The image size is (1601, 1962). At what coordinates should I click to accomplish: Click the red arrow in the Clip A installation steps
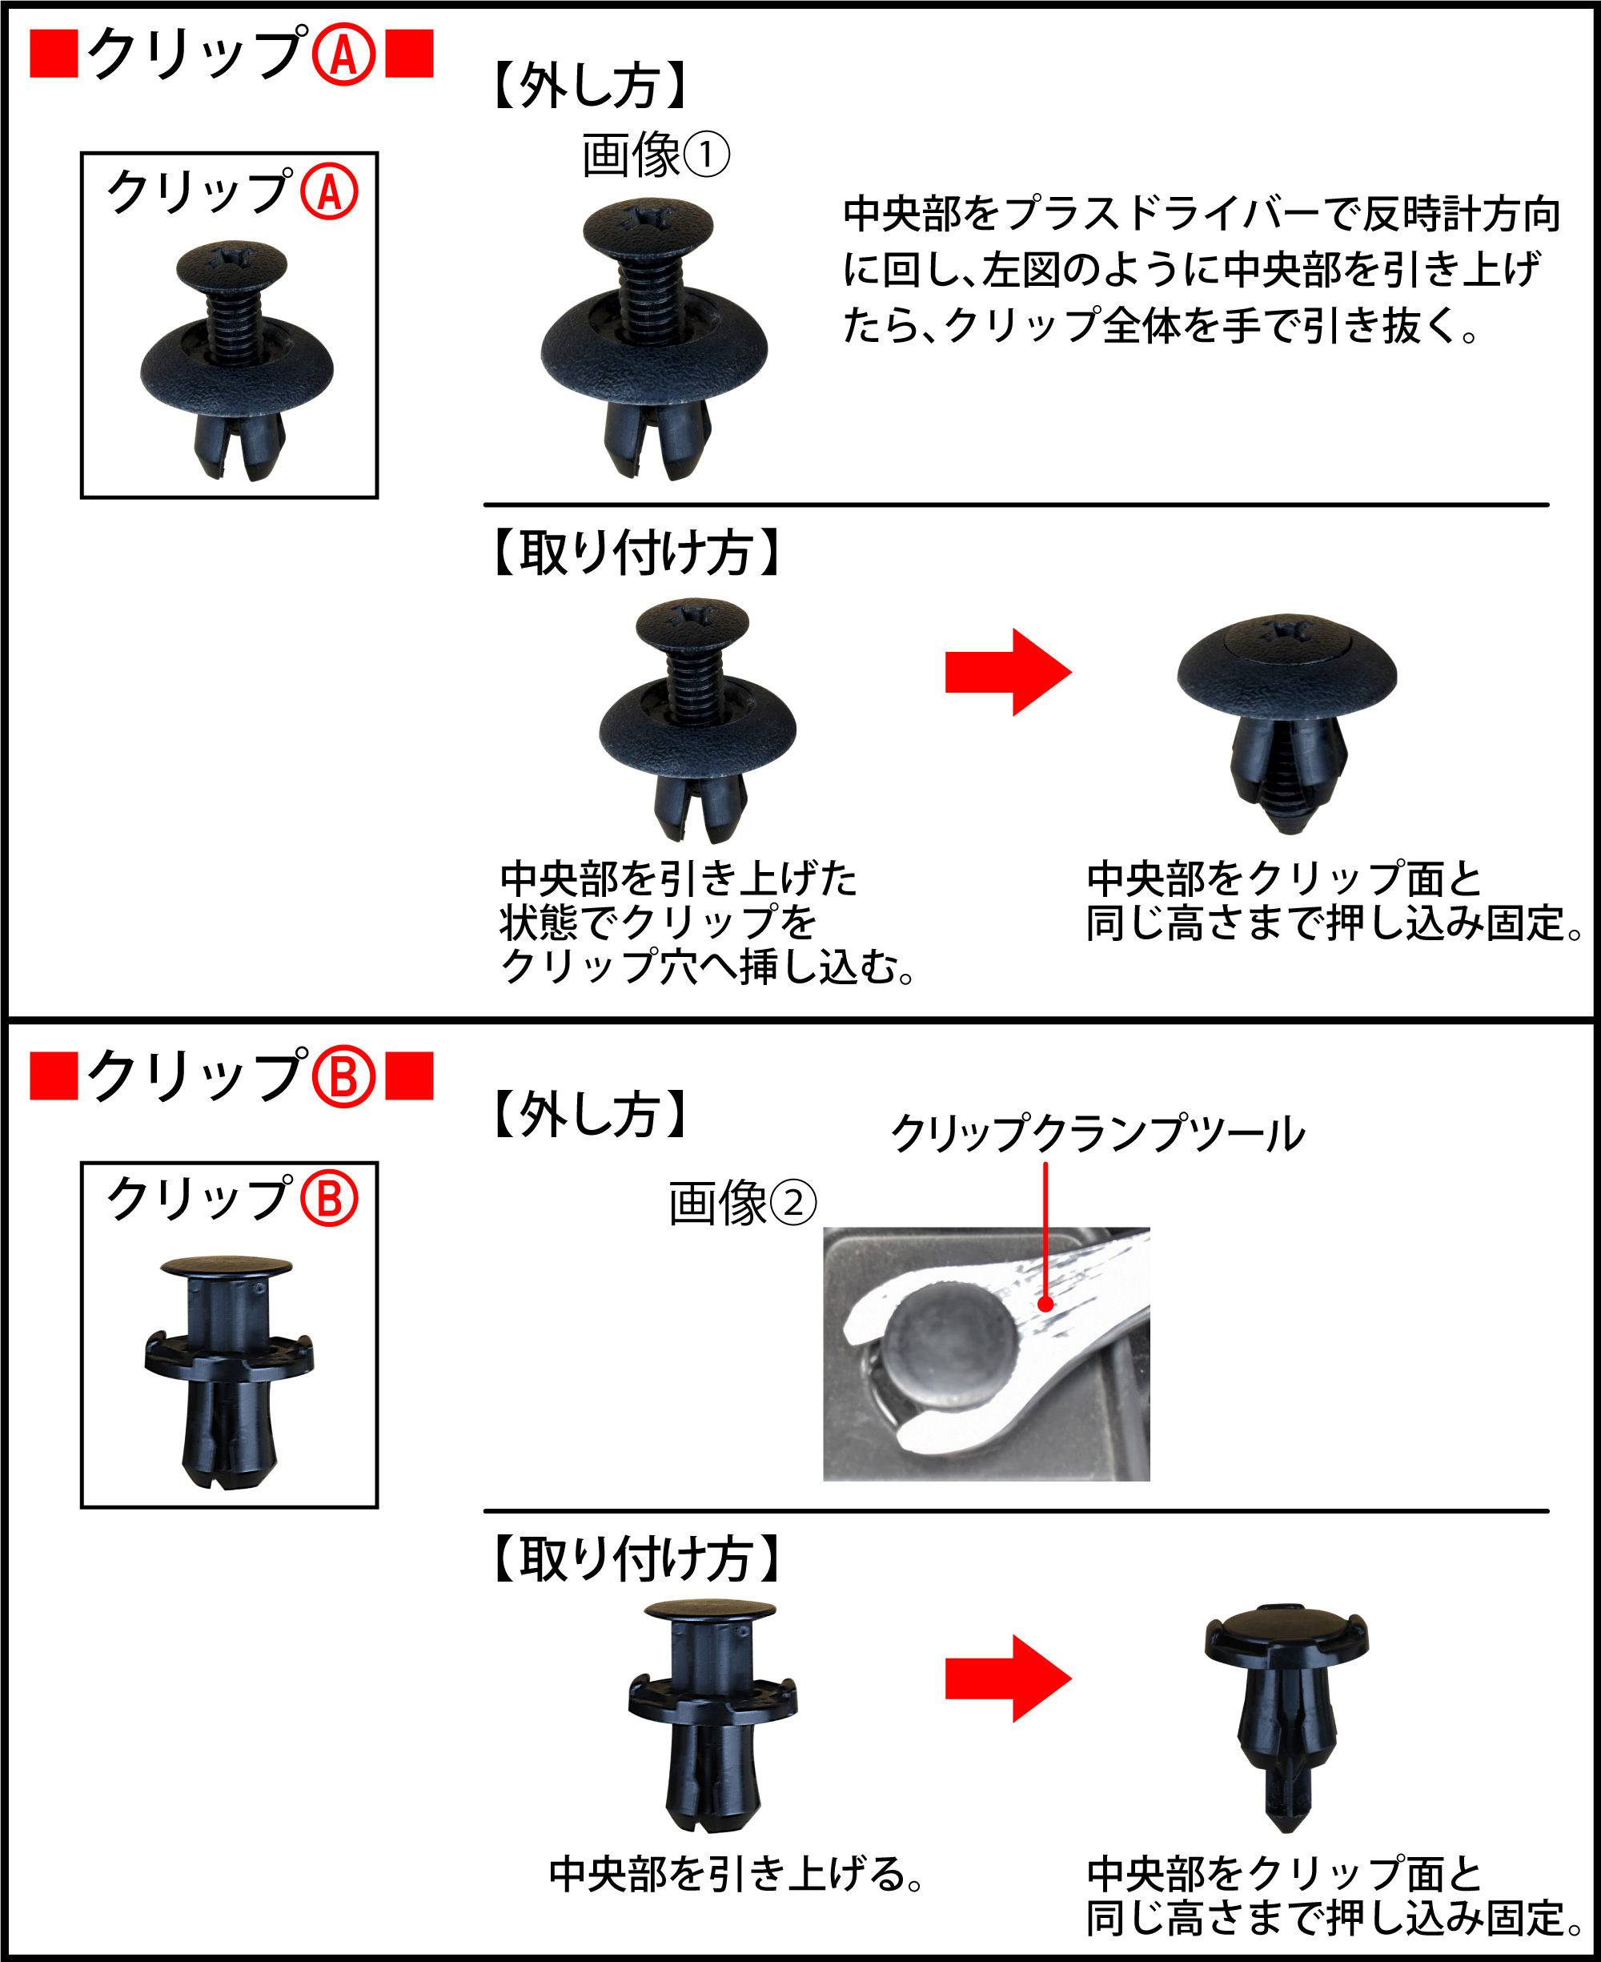pyautogui.click(x=1008, y=673)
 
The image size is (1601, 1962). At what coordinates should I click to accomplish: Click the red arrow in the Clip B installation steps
pyautogui.click(x=1008, y=1679)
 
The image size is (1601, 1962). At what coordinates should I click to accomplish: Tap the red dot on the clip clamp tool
pyautogui.click(x=1045, y=1305)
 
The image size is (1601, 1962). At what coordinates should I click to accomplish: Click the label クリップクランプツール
pyautogui.click(x=1097, y=1134)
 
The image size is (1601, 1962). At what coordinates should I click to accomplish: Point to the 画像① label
pyautogui.click(x=656, y=155)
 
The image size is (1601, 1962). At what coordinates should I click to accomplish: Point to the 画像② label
pyautogui.click(x=742, y=1203)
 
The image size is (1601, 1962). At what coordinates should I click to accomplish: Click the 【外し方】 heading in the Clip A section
pyautogui.click(x=590, y=86)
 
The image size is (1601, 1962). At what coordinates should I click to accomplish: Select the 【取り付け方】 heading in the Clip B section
pyautogui.click(x=636, y=1559)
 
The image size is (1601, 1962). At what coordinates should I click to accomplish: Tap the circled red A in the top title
pyautogui.click(x=344, y=54)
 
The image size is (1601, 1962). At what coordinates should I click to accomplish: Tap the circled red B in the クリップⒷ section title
pyautogui.click(x=344, y=1077)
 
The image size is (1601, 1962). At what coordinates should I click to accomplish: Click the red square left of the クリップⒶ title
pyautogui.click(x=54, y=54)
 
